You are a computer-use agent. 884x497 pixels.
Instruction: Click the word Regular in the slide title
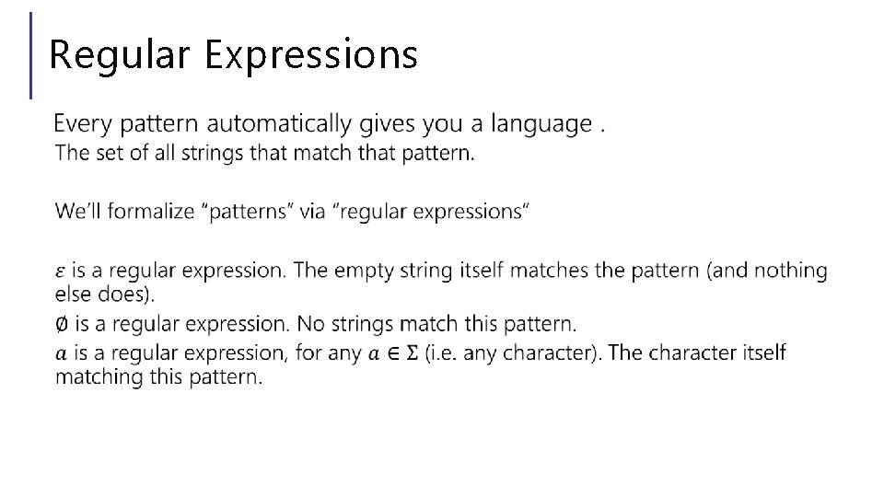120,54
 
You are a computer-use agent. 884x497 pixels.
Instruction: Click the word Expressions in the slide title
311,56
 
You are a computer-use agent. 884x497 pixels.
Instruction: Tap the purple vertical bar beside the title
32,54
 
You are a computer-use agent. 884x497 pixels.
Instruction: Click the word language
541,123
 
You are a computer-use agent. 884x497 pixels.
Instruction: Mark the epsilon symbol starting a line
61,271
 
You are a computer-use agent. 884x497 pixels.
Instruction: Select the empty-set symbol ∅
61,324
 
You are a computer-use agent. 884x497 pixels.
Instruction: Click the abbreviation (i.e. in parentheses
446,353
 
